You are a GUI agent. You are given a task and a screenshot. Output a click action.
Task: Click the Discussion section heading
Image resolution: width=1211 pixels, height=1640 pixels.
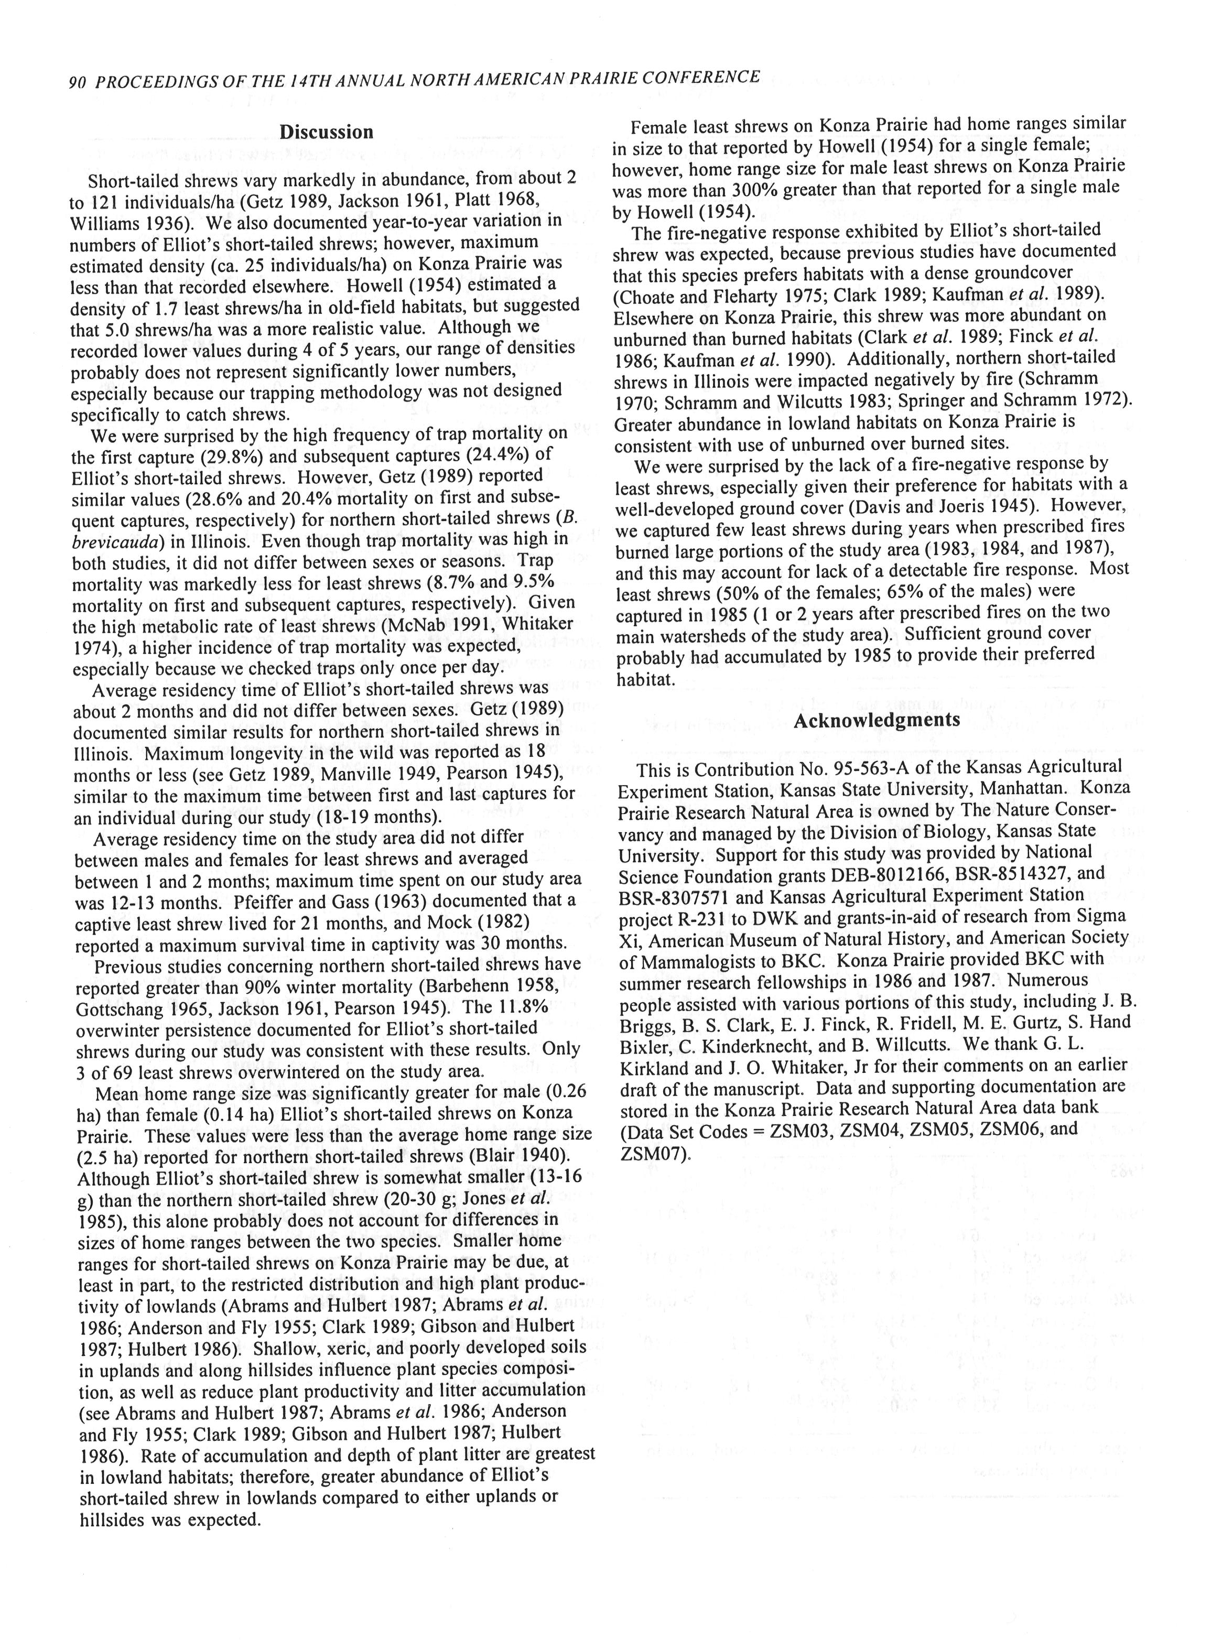coord(326,132)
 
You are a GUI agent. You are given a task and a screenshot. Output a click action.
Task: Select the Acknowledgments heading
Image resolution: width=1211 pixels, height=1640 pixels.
coord(876,720)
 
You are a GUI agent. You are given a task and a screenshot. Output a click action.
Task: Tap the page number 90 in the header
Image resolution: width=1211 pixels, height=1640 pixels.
coord(78,83)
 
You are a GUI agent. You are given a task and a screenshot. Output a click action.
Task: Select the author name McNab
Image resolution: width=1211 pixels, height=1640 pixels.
coord(411,626)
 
